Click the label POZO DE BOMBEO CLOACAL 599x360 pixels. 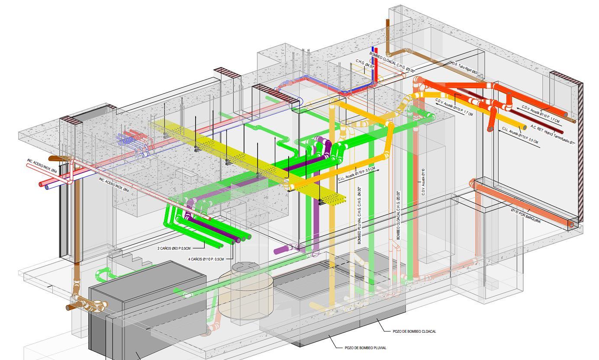pos(414,331)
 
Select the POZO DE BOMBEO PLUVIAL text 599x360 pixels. pos(365,347)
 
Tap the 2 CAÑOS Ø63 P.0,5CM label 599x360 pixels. pos(174,248)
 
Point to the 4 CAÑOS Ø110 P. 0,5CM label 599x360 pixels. pos(206,259)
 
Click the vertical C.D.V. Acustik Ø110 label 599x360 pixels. pos(423,182)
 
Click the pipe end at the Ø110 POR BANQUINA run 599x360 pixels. pos(571,225)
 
